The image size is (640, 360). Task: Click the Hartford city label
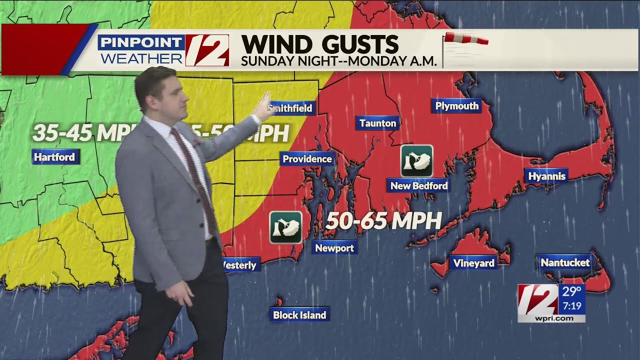(x=54, y=157)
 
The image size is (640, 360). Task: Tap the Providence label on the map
(x=307, y=159)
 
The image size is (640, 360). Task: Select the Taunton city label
(x=377, y=123)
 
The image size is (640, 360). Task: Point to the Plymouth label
(x=456, y=106)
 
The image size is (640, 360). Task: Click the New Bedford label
(x=418, y=186)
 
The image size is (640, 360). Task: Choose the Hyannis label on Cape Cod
(x=546, y=176)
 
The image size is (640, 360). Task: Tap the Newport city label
(x=334, y=248)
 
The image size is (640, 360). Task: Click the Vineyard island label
(x=473, y=263)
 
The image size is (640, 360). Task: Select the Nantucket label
(x=565, y=262)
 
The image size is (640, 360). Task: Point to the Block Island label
(x=299, y=315)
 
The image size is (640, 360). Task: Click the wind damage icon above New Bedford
(x=416, y=161)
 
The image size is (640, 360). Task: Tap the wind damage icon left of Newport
(x=285, y=227)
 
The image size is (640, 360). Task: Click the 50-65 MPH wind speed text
(x=383, y=221)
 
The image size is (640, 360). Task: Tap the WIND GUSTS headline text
(x=319, y=44)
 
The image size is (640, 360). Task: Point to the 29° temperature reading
(x=571, y=291)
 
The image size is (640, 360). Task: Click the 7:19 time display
(x=571, y=304)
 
